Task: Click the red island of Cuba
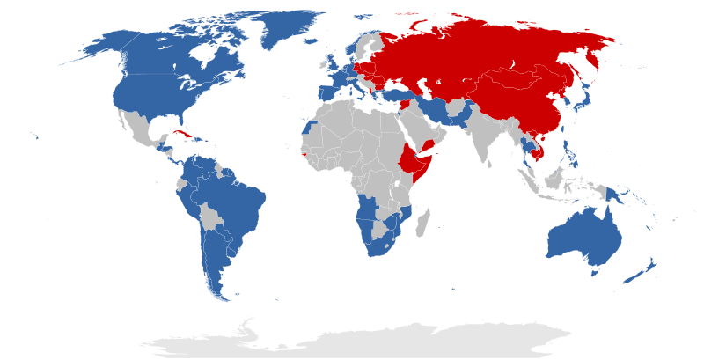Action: pos(183,135)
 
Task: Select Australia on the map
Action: pos(586,238)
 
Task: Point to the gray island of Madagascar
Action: pos(422,220)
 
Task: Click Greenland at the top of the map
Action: pos(282,26)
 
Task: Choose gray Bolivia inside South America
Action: pos(209,217)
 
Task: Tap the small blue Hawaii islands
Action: pos(35,136)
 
